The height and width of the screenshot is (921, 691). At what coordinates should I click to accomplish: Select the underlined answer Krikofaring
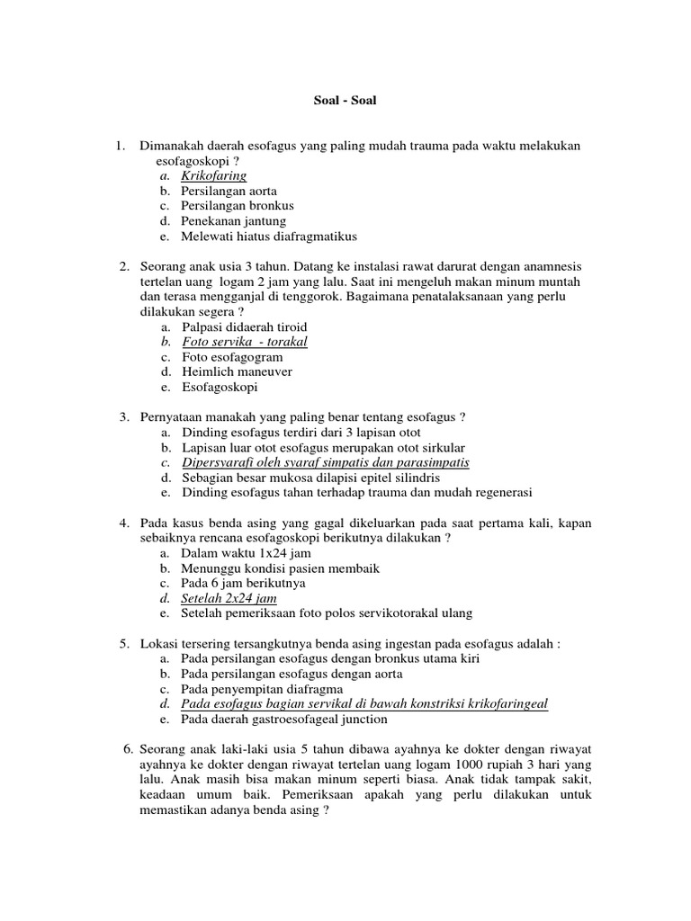point(213,175)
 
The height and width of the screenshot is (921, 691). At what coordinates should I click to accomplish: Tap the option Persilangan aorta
point(229,191)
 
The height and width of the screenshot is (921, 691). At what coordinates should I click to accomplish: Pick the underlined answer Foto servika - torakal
point(244,342)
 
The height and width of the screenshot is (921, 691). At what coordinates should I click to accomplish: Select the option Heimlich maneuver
point(237,371)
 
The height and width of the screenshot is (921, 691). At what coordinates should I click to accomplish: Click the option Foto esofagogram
point(232,357)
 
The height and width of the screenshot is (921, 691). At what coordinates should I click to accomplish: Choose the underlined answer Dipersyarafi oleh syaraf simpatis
point(325,462)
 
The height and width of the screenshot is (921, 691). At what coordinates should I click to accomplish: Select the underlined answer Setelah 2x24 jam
point(229,598)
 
